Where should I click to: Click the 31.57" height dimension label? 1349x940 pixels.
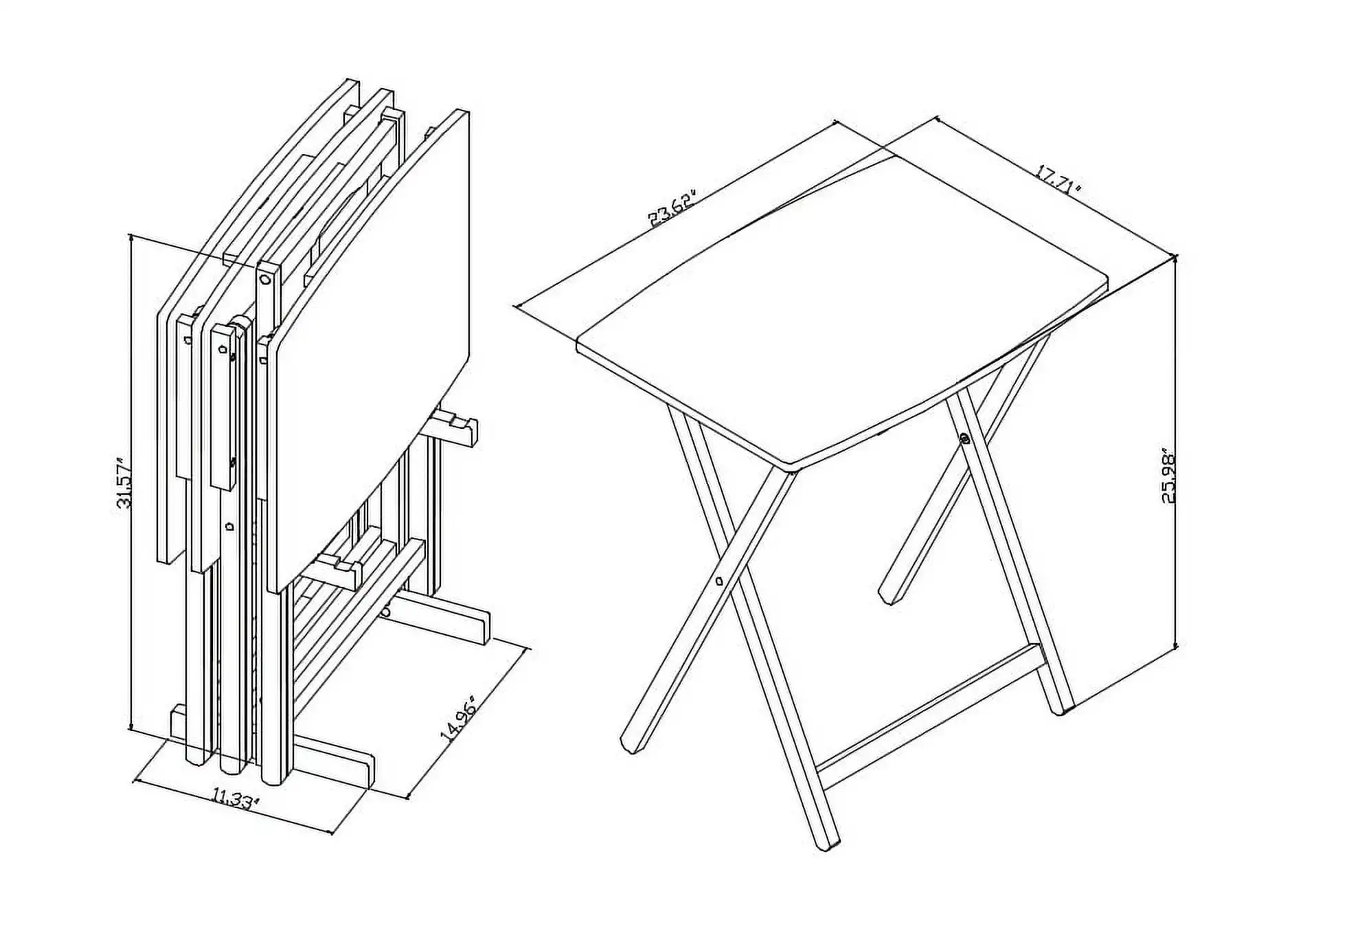(x=124, y=483)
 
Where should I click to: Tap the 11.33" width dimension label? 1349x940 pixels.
(x=236, y=799)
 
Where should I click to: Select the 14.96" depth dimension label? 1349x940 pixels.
(x=458, y=718)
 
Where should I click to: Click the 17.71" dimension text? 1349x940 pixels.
(x=1058, y=180)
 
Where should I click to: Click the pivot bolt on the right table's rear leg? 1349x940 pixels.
(x=965, y=438)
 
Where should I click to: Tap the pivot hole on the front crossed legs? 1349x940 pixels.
(x=719, y=581)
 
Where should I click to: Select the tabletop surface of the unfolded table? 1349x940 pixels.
(x=838, y=309)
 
